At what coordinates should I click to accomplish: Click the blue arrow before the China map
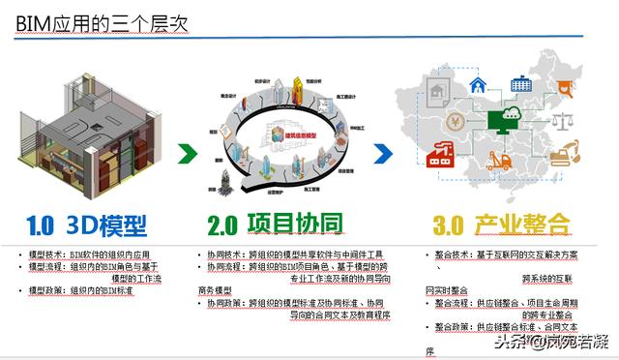click(384, 153)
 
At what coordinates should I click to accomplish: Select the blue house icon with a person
click(478, 85)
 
